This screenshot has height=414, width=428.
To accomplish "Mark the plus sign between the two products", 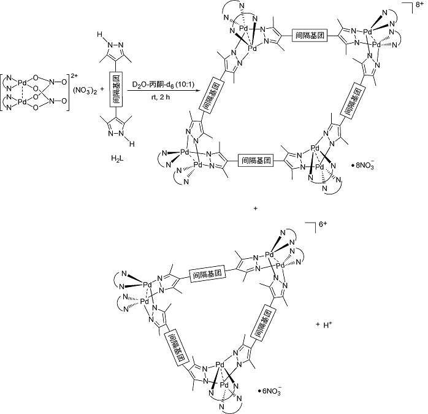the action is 255,209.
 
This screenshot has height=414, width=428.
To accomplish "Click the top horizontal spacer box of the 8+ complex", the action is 308,34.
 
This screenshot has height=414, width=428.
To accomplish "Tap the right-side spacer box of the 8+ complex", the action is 361,99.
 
